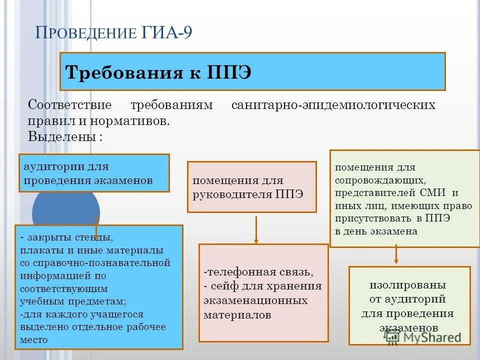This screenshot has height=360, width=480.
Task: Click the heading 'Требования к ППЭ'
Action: click(159, 72)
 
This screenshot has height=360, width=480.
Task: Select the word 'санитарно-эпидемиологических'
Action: click(333, 105)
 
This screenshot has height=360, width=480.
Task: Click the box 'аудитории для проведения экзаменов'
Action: click(94, 173)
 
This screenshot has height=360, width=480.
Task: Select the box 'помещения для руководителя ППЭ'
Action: click(251, 187)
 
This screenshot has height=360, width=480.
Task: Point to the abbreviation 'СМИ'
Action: click(440, 193)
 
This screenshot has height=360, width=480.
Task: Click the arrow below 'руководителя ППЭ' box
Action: click(256, 229)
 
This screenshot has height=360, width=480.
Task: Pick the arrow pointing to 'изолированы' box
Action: click(396, 254)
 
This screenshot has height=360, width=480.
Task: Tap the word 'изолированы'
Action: click(408, 285)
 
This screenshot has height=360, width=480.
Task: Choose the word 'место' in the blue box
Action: click(34, 340)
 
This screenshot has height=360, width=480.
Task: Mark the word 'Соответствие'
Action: click(69, 105)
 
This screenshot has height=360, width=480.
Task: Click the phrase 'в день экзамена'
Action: click(376, 232)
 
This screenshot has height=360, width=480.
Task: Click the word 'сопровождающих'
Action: click(380, 180)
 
